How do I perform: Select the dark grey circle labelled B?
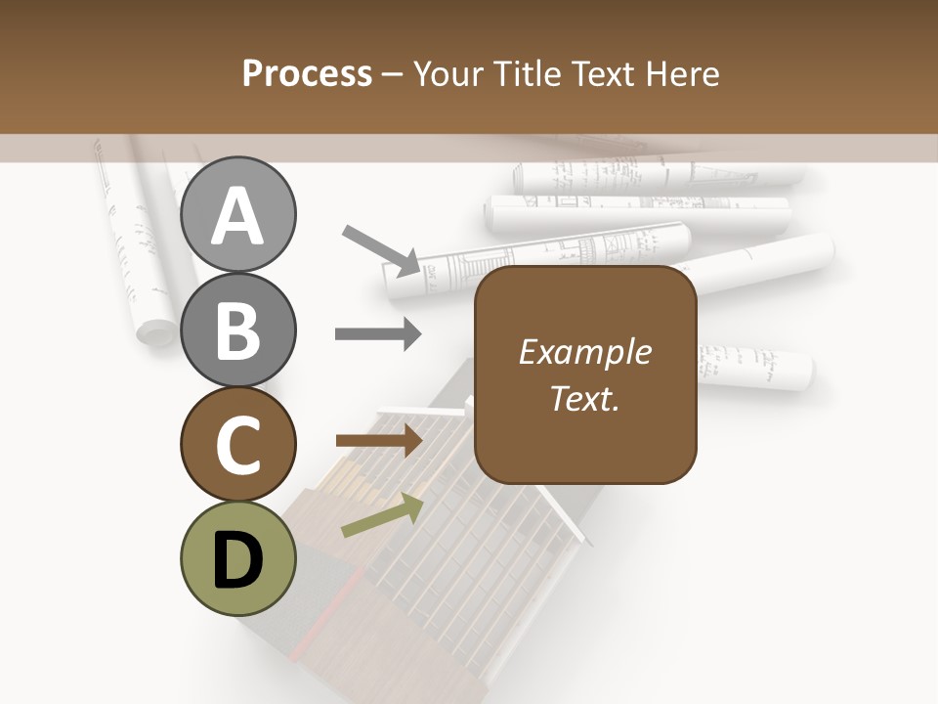[237, 330]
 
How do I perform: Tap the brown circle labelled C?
[237, 445]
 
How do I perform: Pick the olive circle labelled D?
[237, 559]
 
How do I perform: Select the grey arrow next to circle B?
[378, 334]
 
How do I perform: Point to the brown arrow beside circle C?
[379, 441]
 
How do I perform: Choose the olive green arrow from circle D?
[382, 515]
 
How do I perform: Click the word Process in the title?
[307, 73]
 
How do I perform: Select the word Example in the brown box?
[584, 352]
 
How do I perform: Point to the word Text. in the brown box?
[584, 398]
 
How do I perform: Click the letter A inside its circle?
[237, 216]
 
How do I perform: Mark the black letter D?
[237, 559]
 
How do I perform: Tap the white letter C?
[237, 445]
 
